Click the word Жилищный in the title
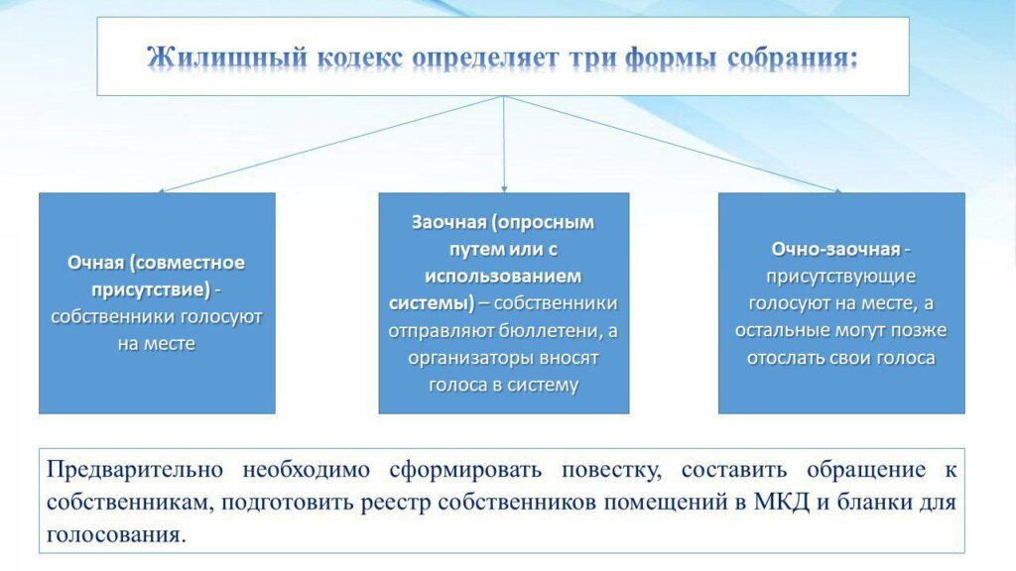click(x=227, y=57)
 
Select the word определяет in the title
click(x=485, y=58)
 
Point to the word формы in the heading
click(x=671, y=58)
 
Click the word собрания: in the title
click(x=793, y=58)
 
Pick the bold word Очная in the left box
click(x=96, y=262)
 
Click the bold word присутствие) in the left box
click(x=151, y=289)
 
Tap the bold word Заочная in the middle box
click(x=449, y=222)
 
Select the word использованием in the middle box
click(x=503, y=277)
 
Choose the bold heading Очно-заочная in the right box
click(x=835, y=249)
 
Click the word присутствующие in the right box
click(x=841, y=277)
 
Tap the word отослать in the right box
click(x=786, y=358)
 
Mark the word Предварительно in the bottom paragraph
click(x=135, y=469)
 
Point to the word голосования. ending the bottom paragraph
click(x=116, y=535)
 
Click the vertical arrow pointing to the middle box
click(x=504, y=145)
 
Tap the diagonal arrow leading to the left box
click(x=330, y=145)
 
